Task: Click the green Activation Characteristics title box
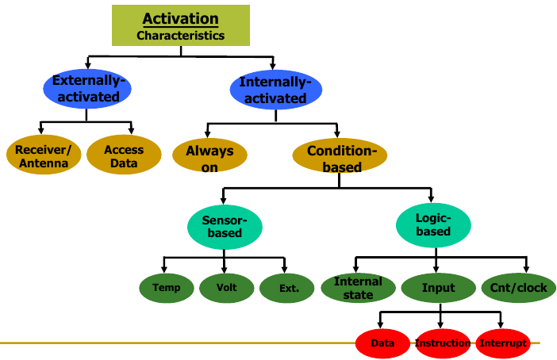[x=180, y=25]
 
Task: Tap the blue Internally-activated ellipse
[x=275, y=90]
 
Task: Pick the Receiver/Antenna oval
[x=43, y=156]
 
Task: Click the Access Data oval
[x=124, y=156]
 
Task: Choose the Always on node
[x=209, y=157]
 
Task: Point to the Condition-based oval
[x=340, y=158]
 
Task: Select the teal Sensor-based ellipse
[x=225, y=225]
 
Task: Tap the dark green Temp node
[x=167, y=288]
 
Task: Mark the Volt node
[x=226, y=288]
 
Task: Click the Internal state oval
[x=358, y=287]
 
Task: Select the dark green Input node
[x=438, y=287]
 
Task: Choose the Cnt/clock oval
[x=519, y=287]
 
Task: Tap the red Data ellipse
[x=382, y=343]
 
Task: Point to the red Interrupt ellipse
[x=502, y=343]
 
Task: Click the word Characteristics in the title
[x=180, y=36]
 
